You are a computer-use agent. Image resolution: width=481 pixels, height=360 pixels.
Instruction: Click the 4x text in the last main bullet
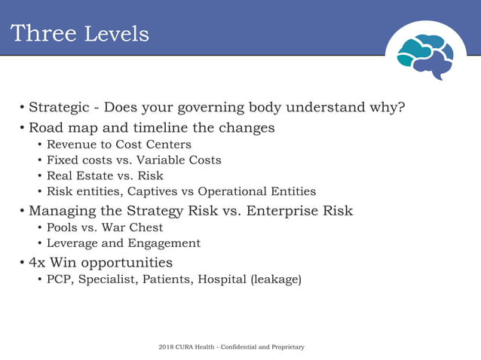(36, 263)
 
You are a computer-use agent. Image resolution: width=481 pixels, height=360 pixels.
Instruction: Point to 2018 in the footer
(167, 346)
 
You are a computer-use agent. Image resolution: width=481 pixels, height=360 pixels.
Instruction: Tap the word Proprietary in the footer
(285, 346)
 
